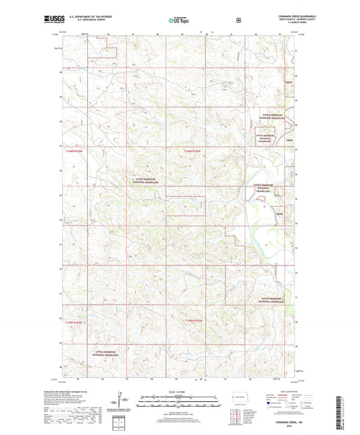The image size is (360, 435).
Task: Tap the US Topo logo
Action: (180, 20)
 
